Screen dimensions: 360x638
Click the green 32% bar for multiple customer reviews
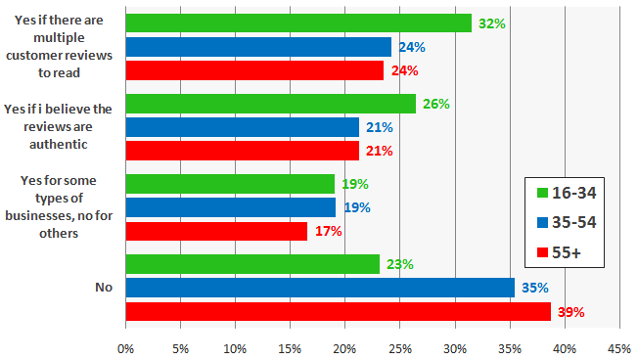tap(298, 23)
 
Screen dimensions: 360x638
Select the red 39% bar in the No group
tap(338, 312)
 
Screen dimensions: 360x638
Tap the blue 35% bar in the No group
tap(320, 288)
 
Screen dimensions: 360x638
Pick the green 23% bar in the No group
tap(252, 264)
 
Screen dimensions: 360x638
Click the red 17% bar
tap(216, 232)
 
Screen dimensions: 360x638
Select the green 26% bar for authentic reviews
tap(271, 104)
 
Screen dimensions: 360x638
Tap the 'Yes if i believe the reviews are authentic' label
tap(60, 126)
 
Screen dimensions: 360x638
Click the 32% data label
tap(491, 22)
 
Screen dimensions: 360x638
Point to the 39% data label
tap(570, 313)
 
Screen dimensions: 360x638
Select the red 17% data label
tap(329, 232)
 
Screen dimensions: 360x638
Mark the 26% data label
tap(436, 104)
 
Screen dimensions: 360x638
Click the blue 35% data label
tap(534, 289)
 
